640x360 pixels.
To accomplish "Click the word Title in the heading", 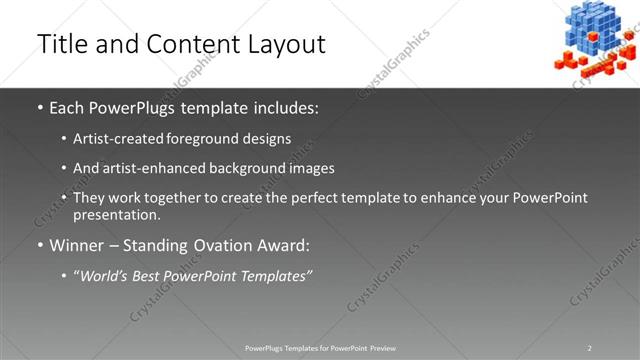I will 62,44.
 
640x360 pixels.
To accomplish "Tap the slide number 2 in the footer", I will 590,348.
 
